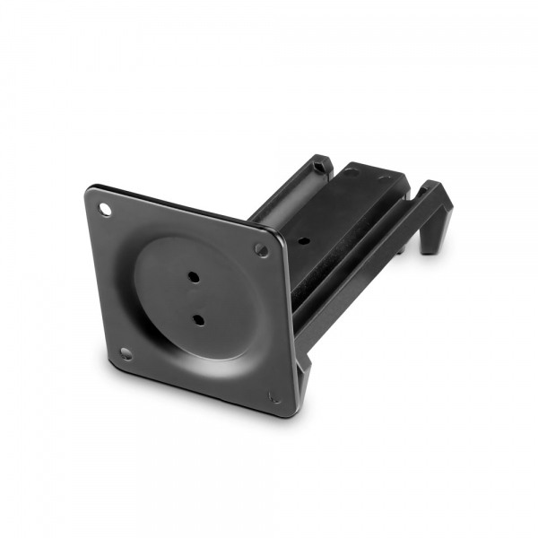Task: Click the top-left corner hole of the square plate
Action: coord(106,209)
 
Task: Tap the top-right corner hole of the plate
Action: coord(261,250)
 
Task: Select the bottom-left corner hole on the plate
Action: coord(126,353)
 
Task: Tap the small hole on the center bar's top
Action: coord(305,240)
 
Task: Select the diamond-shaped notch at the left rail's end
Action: coord(320,164)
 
